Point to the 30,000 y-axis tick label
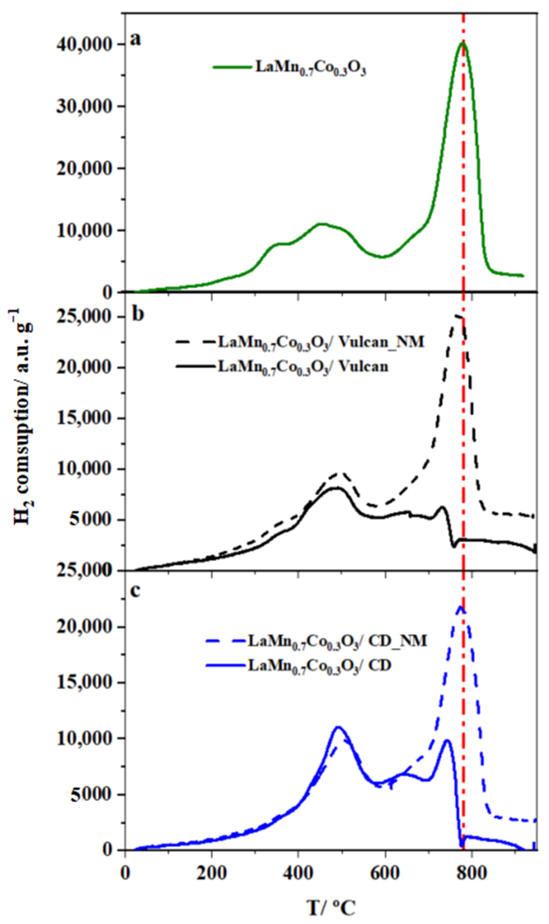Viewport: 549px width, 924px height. pyautogui.click(x=89, y=107)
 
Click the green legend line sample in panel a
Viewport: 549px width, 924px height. pyautogui.click(x=232, y=67)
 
